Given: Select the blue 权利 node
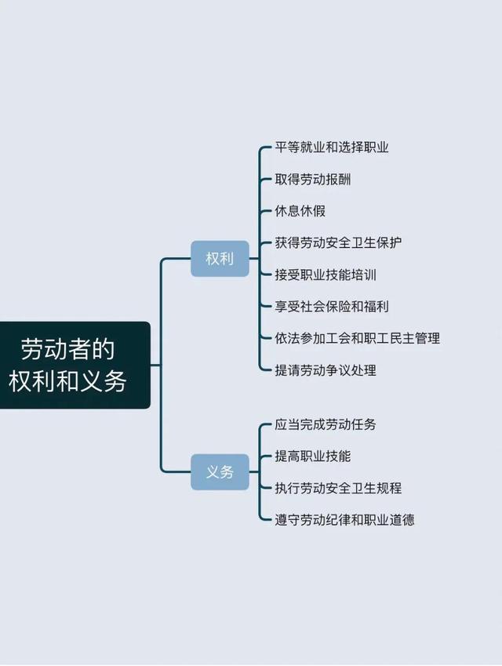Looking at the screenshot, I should pyautogui.click(x=220, y=258).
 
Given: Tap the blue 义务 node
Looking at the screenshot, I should pyautogui.click(x=220, y=472).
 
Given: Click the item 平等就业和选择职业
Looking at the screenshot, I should pyautogui.click(x=332, y=147).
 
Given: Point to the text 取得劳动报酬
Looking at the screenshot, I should pyautogui.click(x=313, y=180).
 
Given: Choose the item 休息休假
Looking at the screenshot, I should pyautogui.click(x=300, y=211).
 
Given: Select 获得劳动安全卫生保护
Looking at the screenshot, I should pyautogui.click(x=338, y=243).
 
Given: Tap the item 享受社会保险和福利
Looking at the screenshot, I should pyautogui.click(x=332, y=307).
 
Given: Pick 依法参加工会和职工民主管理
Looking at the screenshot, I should pyautogui.click(x=357, y=338).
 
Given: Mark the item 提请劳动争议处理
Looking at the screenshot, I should pyautogui.click(x=326, y=370).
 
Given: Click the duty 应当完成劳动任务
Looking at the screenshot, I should pyautogui.click(x=326, y=424).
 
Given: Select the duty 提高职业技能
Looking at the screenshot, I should pyautogui.click(x=313, y=457).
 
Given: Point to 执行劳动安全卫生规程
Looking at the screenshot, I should pyautogui.click(x=338, y=488).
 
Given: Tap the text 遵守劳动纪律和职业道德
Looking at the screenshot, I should pyautogui.click(x=344, y=519).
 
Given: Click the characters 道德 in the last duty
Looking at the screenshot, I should pyautogui.click(x=402, y=519).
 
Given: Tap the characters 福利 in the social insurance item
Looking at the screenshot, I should pyautogui.click(x=376, y=307).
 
